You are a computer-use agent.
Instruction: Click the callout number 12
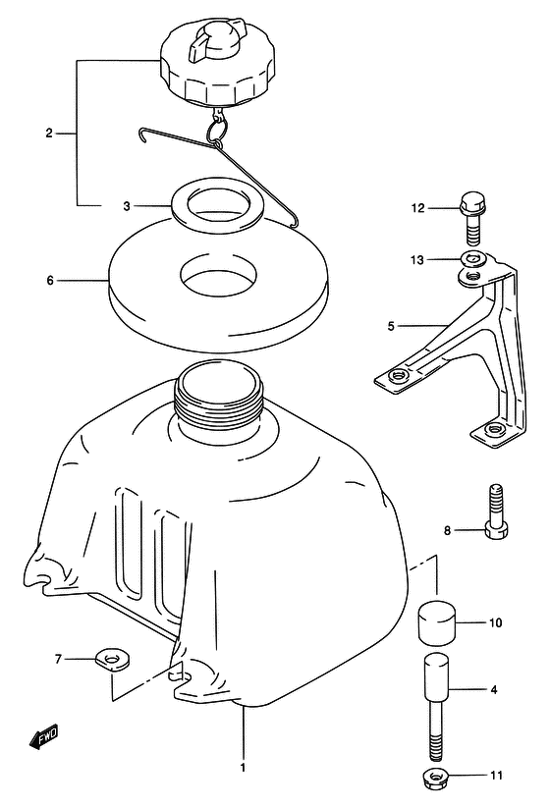[x=417, y=208]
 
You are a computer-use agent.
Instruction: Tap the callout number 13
[x=417, y=260]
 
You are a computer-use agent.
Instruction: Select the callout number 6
[x=50, y=281]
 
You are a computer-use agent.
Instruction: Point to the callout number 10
[x=495, y=623]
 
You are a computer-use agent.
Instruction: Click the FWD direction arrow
[x=43, y=737]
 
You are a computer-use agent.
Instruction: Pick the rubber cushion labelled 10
[x=438, y=623]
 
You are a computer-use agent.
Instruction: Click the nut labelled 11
[x=439, y=777]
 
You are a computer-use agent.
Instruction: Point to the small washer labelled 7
[x=112, y=660]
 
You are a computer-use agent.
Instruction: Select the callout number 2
[x=49, y=134]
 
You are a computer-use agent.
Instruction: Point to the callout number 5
[x=391, y=326]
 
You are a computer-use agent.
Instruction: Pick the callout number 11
[x=496, y=775]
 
